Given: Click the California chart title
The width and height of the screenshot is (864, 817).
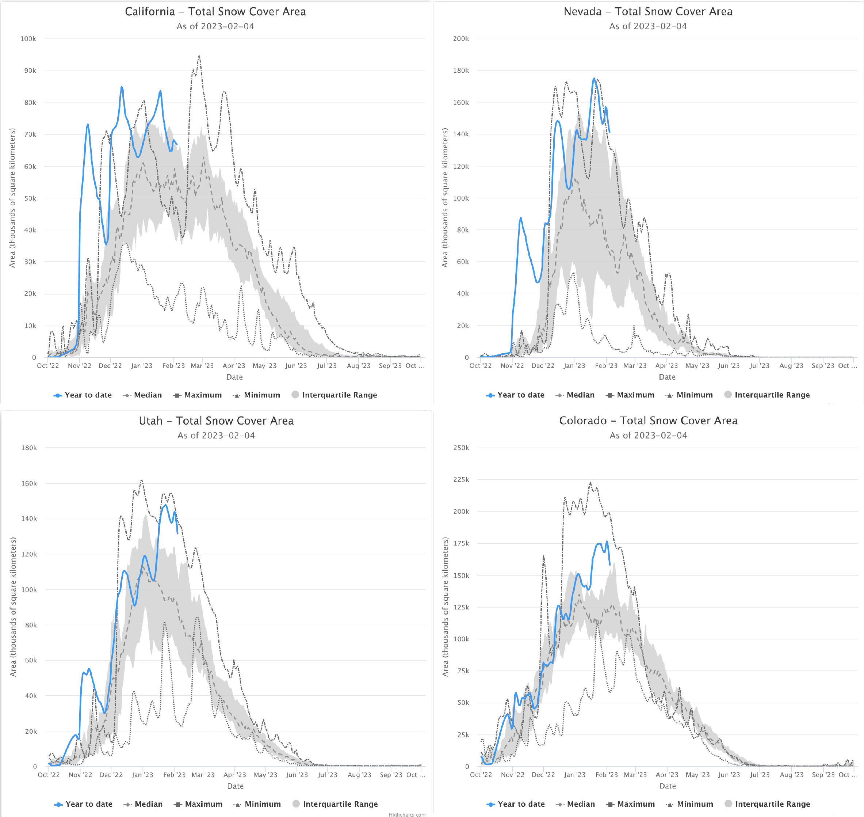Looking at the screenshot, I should coord(215,12).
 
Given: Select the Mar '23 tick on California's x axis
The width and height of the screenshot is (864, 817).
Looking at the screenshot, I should coord(202,366).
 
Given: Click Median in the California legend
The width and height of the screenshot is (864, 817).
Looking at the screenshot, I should coord(148,395).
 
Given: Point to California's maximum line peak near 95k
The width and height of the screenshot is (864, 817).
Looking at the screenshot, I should coord(199,56).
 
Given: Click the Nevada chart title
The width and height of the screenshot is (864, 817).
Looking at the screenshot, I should coord(648,12).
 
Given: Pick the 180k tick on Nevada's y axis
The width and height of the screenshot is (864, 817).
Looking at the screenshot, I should coord(461,71).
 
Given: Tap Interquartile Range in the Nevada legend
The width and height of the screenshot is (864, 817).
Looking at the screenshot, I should coord(772,395).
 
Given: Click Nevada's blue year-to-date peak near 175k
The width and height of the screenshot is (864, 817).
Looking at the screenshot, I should coord(594,79).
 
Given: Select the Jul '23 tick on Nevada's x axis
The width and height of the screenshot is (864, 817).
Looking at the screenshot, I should coord(759,366).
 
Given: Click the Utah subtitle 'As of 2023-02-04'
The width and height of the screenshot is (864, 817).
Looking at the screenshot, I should coord(216,436).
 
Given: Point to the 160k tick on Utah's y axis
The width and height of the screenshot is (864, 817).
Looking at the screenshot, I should coord(29,483).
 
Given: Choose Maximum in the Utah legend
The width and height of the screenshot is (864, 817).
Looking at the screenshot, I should coord(203,804).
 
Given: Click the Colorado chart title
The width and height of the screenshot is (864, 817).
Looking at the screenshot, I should coord(648,421).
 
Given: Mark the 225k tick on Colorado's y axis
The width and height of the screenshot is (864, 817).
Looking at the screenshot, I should coord(461,479).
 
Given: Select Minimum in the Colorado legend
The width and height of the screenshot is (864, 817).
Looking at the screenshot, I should coord(695,804).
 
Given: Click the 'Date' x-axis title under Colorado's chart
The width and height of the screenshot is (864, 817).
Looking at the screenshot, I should coord(667,786).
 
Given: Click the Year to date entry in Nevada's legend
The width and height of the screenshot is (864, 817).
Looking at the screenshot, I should coord(521,395).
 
